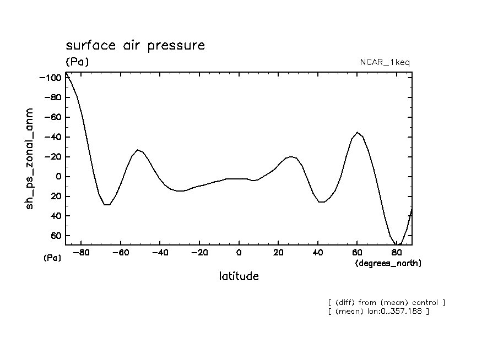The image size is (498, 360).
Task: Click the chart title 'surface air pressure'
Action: tap(135, 45)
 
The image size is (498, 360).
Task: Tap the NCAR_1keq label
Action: tap(384, 62)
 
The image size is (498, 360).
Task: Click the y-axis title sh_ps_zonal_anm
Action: tap(30, 159)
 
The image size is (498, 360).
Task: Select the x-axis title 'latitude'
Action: tap(239, 276)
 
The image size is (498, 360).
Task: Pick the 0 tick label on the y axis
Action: tap(57, 177)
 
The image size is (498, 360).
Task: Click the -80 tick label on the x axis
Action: tap(82, 253)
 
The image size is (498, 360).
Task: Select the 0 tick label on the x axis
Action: tap(239, 253)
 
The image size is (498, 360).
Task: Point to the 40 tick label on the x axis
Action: tap(317, 253)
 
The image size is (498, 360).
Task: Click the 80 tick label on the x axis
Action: tap(396, 253)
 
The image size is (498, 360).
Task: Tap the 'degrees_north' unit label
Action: tap(388, 263)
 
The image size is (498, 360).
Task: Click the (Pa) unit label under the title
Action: tap(77, 62)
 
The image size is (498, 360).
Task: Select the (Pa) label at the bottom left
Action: tap(52, 258)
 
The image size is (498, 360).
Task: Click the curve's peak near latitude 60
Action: tap(358, 132)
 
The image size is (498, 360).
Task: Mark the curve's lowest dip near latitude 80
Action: tap(398, 244)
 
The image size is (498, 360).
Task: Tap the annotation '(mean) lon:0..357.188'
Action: tap(378, 312)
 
